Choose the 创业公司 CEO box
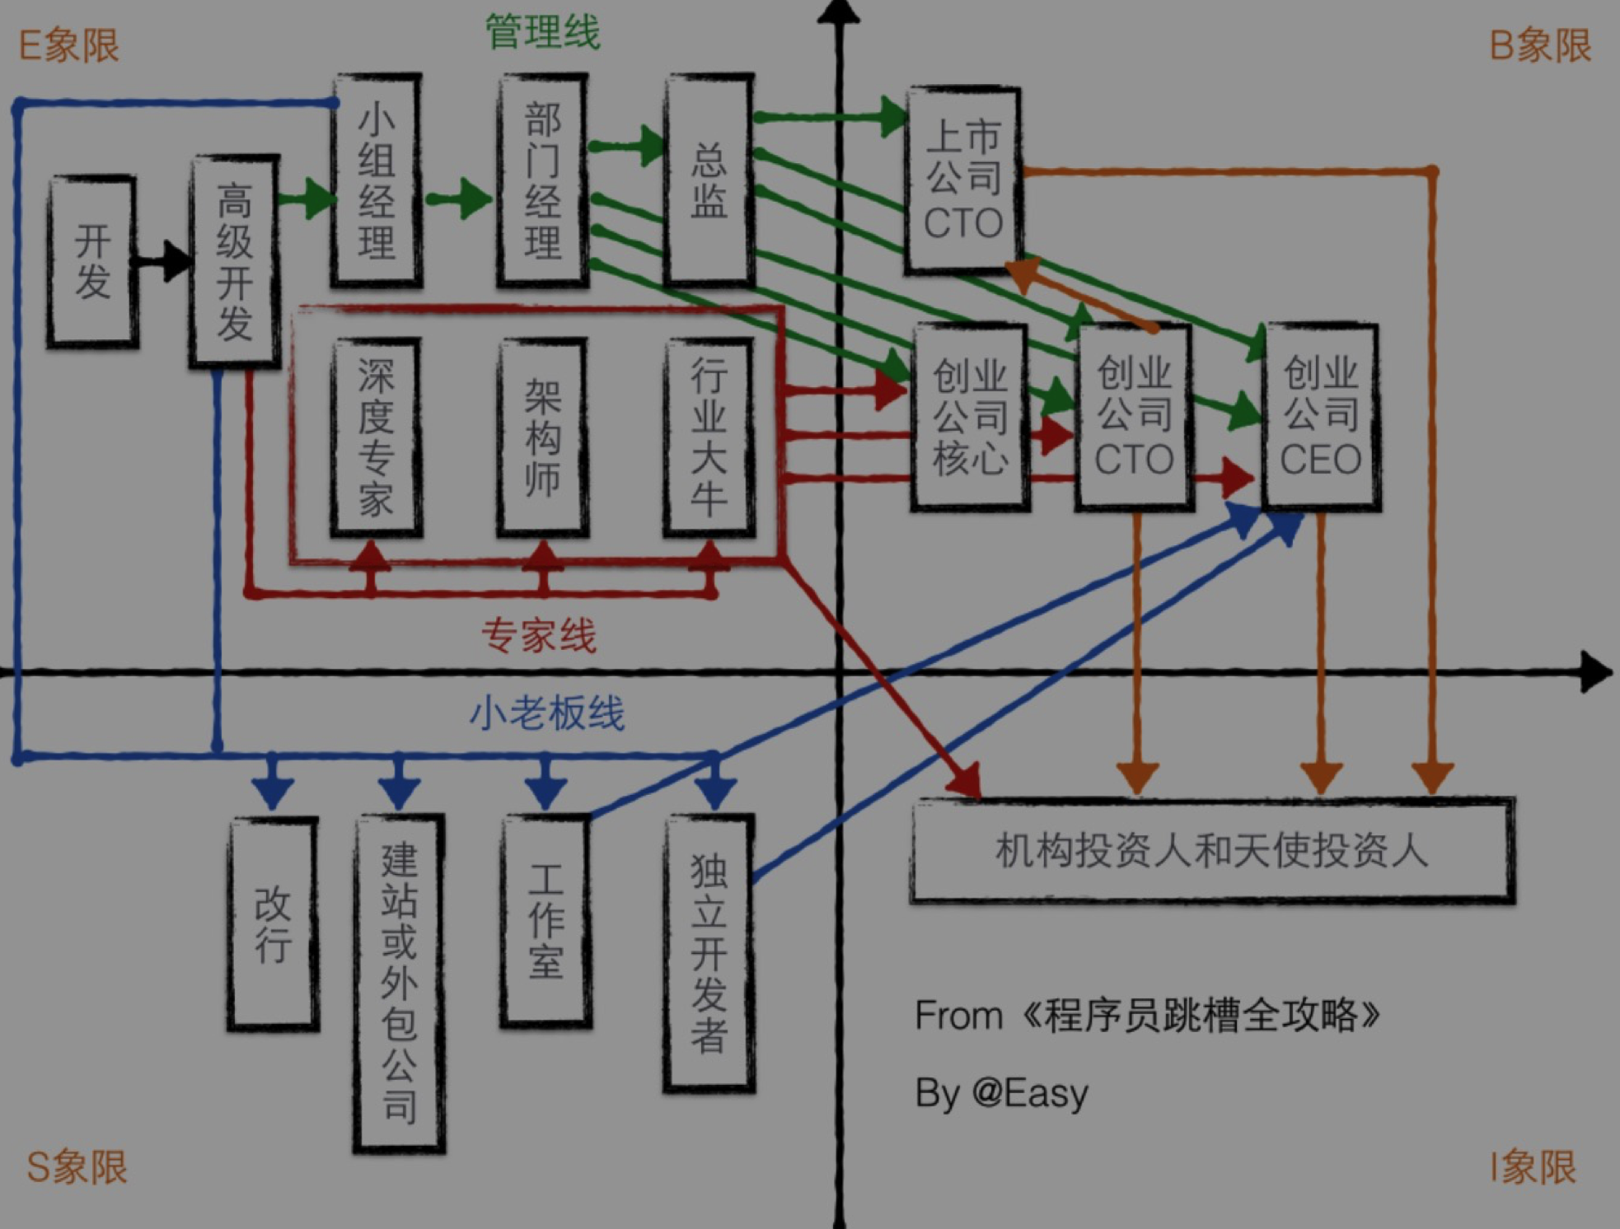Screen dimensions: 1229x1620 [x=1321, y=417]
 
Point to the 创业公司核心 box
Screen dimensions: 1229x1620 [x=970, y=417]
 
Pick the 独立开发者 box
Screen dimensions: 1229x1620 [x=709, y=954]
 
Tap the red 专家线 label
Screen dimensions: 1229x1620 [x=538, y=636]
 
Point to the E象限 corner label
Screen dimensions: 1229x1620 [x=68, y=45]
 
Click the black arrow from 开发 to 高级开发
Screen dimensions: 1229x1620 [x=163, y=262]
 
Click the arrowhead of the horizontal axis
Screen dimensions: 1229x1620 [x=1597, y=672]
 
